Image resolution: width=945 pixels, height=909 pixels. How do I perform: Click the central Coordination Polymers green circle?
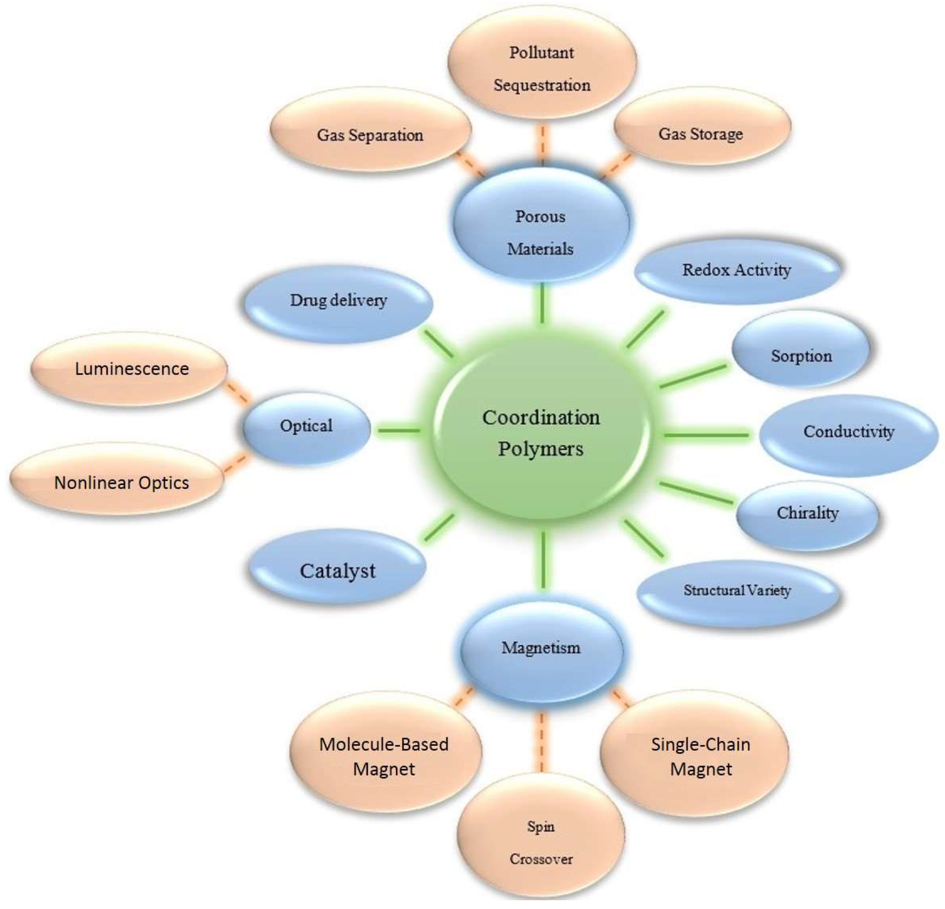click(x=540, y=433)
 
